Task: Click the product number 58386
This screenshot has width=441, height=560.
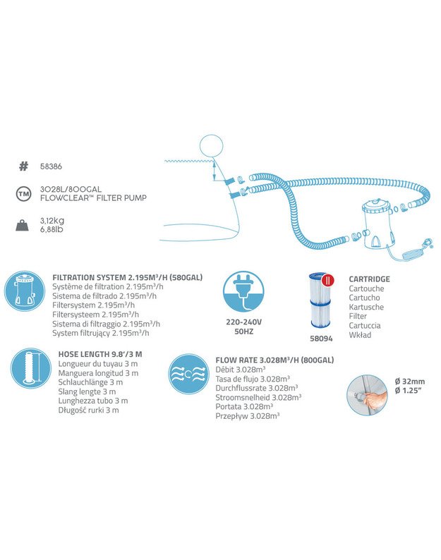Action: tap(51, 166)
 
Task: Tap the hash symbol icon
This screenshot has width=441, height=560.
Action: tap(23, 166)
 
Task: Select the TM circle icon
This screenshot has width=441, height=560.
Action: tap(23, 194)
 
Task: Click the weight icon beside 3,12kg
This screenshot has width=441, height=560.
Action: tap(22, 225)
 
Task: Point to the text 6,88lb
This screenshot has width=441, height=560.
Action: tap(52, 229)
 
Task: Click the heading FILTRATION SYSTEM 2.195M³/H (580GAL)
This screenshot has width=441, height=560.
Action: tap(127, 277)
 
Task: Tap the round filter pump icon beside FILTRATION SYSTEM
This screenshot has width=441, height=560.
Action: tap(25, 291)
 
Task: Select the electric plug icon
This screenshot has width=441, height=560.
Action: tap(243, 291)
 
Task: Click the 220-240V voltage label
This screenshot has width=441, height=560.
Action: tap(243, 322)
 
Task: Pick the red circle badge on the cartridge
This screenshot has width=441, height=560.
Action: tap(327, 279)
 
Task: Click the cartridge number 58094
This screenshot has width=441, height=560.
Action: tap(321, 339)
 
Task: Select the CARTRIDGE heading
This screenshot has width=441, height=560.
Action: tap(369, 279)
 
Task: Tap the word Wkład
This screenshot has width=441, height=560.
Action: tap(360, 335)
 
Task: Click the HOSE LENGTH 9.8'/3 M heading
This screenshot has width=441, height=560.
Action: tap(100, 354)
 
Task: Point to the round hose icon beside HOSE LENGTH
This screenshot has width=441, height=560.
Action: tap(31, 368)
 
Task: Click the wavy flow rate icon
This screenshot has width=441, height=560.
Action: tap(188, 374)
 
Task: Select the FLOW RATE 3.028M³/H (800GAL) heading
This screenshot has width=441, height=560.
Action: tap(274, 360)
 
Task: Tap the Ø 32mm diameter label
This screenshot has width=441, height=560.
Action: tap(409, 382)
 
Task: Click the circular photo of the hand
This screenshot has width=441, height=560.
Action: tap(367, 395)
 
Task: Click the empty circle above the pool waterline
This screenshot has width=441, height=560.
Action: tap(211, 147)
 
